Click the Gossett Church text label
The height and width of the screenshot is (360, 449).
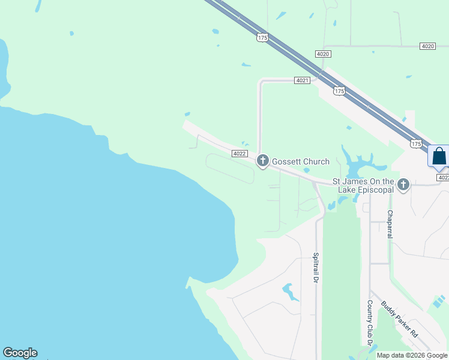pos(301,161)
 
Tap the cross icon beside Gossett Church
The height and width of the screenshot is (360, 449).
pos(262,161)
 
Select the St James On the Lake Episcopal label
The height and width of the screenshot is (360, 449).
pos(363,185)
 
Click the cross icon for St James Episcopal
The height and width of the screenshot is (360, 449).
pos(403,185)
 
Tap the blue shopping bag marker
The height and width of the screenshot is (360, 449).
pos(439,156)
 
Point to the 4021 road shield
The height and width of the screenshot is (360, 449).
pos(302,80)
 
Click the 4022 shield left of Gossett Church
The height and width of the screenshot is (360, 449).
pos(240,154)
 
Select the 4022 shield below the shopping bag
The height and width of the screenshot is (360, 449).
pos(443,178)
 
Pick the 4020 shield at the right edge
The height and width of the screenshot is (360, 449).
pos(427,46)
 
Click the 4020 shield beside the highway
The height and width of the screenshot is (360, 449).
pos(322,54)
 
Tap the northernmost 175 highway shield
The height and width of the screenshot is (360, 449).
pos(262,37)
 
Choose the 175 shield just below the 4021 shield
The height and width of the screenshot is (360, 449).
pos(339,91)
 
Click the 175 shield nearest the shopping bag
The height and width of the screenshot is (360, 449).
pos(416,143)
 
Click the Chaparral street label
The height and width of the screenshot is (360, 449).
pos(390,224)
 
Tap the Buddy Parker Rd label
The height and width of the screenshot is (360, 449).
pos(399,319)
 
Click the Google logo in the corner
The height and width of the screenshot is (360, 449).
pos(20,353)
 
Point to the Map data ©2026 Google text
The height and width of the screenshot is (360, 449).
pos(412,355)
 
